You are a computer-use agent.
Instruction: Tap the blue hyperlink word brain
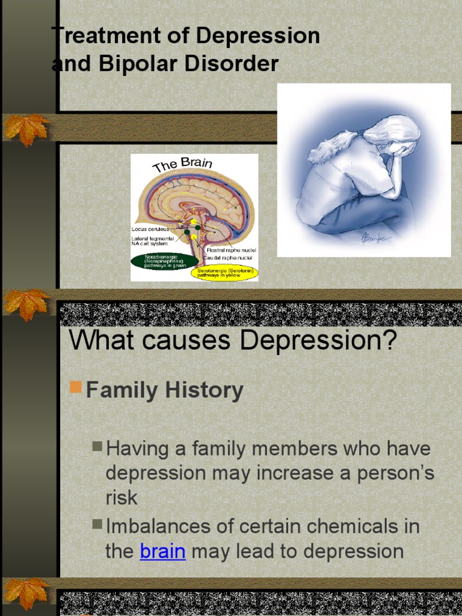[162, 551]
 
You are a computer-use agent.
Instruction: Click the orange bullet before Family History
[75, 386]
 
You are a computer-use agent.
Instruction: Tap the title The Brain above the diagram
[182, 164]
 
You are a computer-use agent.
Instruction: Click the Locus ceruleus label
[150, 229]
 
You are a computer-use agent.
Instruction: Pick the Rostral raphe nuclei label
[231, 250]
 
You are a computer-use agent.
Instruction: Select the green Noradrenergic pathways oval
[164, 261]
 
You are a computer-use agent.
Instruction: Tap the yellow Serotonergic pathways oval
[224, 273]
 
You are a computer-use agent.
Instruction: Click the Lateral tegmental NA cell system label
[153, 241]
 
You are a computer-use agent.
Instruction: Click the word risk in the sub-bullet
[122, 497]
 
